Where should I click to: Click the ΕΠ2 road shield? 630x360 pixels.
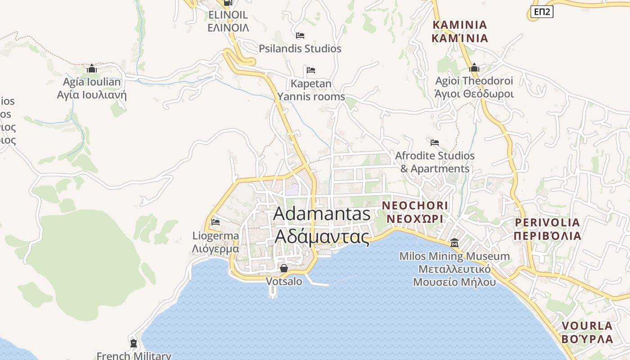tap(542, 12)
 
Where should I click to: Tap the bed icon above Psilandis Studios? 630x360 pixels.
tap(300, 36)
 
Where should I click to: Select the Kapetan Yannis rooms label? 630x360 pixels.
tap(311, 90)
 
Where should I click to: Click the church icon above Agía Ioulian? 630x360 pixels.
tap(92, 68)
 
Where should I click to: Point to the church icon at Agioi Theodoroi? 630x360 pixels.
tap(474, 68)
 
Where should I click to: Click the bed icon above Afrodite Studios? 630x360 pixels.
tap(434, 143)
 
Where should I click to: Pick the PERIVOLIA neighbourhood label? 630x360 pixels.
tap(547, 222)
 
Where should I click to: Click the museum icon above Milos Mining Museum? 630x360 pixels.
tap(454, 243)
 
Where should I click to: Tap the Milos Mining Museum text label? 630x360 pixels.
tap(454, 256)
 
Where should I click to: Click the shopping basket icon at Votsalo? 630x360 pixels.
tap(284, 268)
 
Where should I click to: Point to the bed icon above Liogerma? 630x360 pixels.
tap(215, 222)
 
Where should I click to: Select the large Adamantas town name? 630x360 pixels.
tap(322, 214)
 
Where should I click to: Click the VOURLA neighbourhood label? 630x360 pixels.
tap(587, 325)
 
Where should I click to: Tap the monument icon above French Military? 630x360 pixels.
tap(133, 343)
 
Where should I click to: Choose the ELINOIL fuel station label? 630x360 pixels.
tap(228, 15)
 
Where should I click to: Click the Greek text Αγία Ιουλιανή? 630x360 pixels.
tap(92, 95)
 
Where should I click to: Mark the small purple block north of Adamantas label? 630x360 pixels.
tap(292, 190)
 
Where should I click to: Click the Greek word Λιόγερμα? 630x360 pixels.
tap(216, 248)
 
